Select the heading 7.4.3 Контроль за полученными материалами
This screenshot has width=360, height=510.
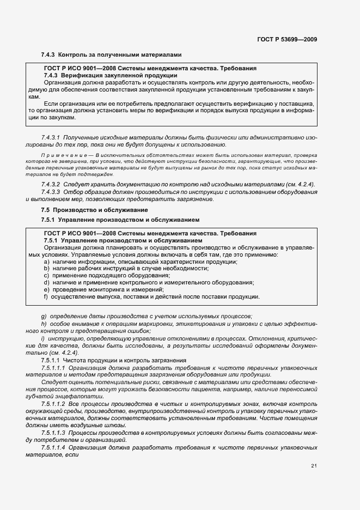[x=111, y=55]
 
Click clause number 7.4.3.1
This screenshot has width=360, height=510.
[x=52, y=138]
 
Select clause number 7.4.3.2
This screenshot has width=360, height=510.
[x=52, y=185]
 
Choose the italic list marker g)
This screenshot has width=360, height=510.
[x=44, y=317]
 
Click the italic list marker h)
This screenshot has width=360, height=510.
[x=44, y=324]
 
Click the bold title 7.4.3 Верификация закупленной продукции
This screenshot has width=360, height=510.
[x=110, y=75]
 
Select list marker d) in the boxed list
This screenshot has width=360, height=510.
[x=46, y=283]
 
